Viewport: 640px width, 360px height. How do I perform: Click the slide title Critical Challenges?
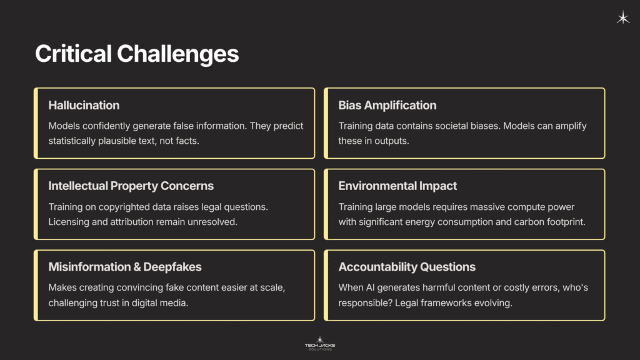(137, 54)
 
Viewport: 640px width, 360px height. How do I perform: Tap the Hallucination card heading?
(84, 105)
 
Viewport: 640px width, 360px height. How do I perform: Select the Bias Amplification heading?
(387, 105)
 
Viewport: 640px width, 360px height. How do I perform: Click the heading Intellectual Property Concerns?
(131, 186)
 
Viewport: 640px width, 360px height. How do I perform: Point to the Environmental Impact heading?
(397, 186)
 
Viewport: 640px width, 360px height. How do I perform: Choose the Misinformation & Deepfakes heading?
(125, 267)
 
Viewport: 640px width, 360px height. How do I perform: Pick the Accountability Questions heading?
(407, 267)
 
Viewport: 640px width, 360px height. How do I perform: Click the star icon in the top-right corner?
(623, 18)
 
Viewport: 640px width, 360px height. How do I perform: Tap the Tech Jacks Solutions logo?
(320, 343)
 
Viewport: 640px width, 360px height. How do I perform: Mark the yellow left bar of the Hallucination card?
(36, 122)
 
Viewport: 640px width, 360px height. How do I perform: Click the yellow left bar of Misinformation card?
(36, 285)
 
